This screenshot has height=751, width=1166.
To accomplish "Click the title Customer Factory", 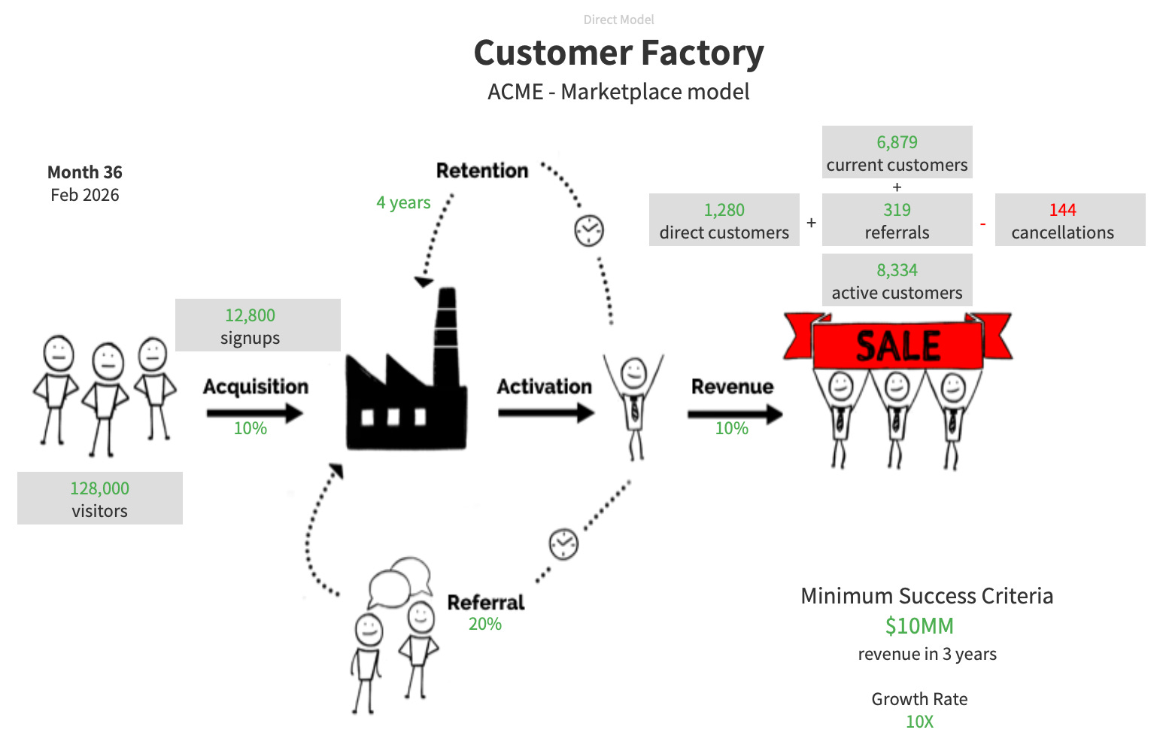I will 618,53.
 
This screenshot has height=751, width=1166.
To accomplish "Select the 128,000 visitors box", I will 99,498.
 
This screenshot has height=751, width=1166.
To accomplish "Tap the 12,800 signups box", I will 257,325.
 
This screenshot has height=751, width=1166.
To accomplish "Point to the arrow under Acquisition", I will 254,412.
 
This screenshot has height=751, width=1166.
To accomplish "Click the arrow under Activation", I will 545,412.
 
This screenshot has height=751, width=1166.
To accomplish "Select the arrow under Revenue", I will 734,413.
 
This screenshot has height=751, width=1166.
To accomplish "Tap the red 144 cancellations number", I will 1062,210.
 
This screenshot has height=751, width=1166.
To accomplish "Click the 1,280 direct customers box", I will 724,220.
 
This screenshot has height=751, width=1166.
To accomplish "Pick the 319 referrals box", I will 897,220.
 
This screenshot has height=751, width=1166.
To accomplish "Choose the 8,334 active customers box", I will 897,280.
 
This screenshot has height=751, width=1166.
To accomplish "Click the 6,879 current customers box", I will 897,152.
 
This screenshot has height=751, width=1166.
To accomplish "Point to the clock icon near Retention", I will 589,230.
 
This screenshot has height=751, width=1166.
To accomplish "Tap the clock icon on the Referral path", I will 563,543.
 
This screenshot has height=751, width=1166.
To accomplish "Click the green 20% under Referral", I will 484,624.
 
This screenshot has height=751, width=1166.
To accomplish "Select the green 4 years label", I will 403,202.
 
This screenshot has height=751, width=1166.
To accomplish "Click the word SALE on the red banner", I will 898,346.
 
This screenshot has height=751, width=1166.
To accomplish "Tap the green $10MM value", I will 919,626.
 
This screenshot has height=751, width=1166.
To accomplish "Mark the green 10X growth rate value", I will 919,722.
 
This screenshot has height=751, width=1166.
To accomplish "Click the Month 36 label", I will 84,172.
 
